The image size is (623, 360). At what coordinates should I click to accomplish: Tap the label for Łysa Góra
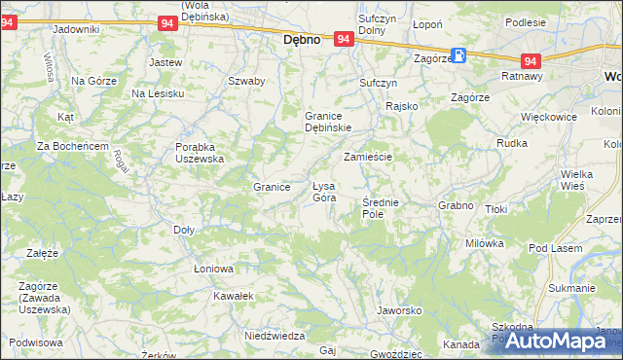point(323,192)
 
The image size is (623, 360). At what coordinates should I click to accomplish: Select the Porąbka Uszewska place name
point(200,152)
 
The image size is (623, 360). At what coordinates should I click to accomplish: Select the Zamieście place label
point(367,157)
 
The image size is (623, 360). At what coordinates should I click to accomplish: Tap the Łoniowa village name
point(213,269)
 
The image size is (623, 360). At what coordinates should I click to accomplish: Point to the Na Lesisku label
point(158,93)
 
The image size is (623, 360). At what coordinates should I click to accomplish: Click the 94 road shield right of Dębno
point(343,39)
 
